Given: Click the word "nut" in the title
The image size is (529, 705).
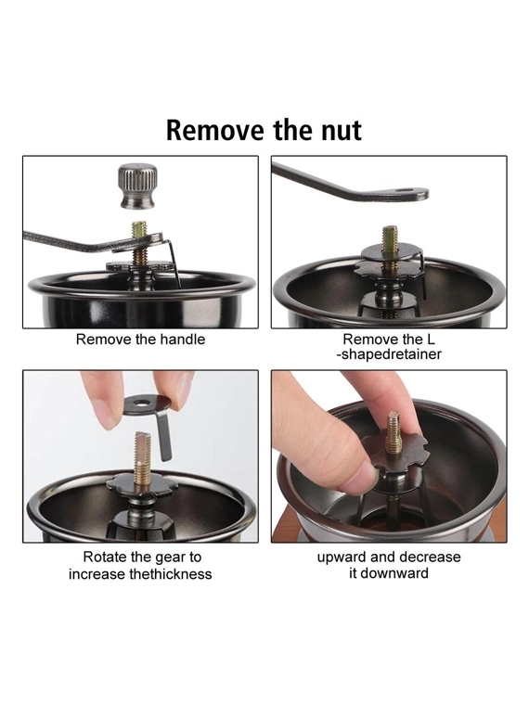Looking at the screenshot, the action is [x=341, y=131].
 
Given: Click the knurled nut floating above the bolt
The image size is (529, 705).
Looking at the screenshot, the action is [x=137, y=186].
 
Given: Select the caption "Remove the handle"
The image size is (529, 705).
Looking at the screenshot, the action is [x=140, y=339].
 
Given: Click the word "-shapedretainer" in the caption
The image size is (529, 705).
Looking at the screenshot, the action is [x=389, y=353].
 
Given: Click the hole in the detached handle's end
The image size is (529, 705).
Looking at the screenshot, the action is [x=406, y=191].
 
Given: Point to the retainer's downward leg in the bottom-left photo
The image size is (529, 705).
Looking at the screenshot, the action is [x=163, y=436].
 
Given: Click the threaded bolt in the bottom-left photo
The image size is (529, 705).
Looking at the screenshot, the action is [x=143, y=455].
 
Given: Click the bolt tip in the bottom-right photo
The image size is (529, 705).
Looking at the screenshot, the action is [x=394, y=417].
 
